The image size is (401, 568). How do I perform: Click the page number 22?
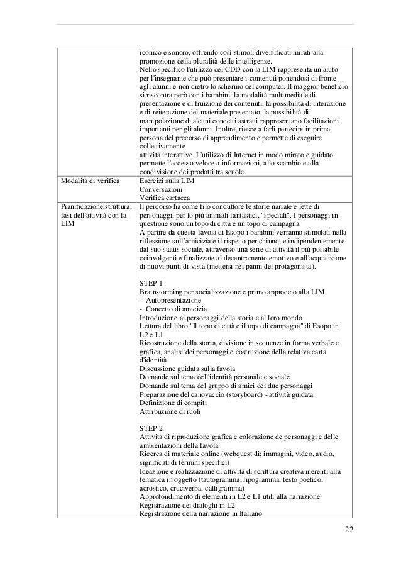349,527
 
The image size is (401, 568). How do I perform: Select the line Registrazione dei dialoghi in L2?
188,505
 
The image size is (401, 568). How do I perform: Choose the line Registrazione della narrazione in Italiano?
200,513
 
